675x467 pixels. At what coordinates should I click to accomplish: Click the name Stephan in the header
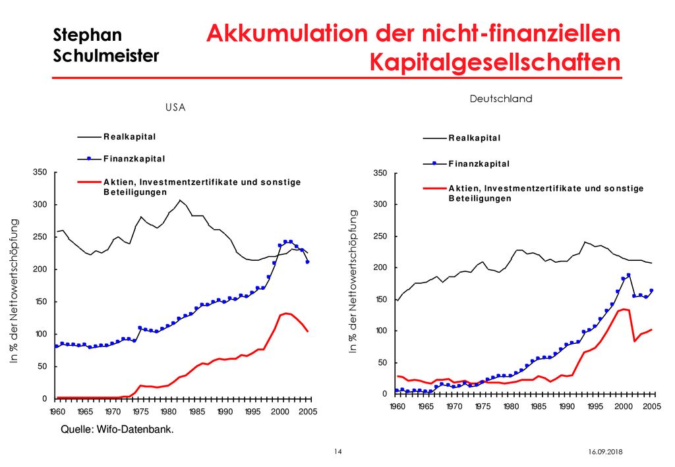88,36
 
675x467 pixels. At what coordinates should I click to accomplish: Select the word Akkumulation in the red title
287,34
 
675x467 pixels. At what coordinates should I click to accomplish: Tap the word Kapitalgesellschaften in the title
495,63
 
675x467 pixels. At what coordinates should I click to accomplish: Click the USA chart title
175,107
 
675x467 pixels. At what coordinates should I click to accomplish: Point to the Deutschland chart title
501,99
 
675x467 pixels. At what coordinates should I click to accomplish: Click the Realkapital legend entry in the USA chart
130,137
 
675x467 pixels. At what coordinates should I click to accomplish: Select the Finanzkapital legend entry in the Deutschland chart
479,164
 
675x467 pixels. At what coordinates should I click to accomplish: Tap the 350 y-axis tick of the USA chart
40,173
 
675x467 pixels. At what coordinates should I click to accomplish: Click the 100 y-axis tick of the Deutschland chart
381,331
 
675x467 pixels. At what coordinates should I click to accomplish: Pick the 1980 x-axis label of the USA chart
168,412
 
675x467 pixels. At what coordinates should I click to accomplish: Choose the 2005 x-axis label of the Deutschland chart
652,406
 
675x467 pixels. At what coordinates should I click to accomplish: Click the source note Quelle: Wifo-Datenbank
117,429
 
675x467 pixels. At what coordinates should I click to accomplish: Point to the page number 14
338,451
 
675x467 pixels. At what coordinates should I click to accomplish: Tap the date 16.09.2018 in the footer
605,452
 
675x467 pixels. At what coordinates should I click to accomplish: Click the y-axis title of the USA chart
15,291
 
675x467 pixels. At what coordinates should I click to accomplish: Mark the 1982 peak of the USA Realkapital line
180,200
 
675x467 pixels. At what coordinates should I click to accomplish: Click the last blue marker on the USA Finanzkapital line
307,262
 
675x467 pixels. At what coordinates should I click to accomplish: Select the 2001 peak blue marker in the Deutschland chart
628,275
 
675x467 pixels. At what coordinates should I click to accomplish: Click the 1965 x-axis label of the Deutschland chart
426,406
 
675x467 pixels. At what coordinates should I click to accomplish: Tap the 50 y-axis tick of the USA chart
42,366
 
